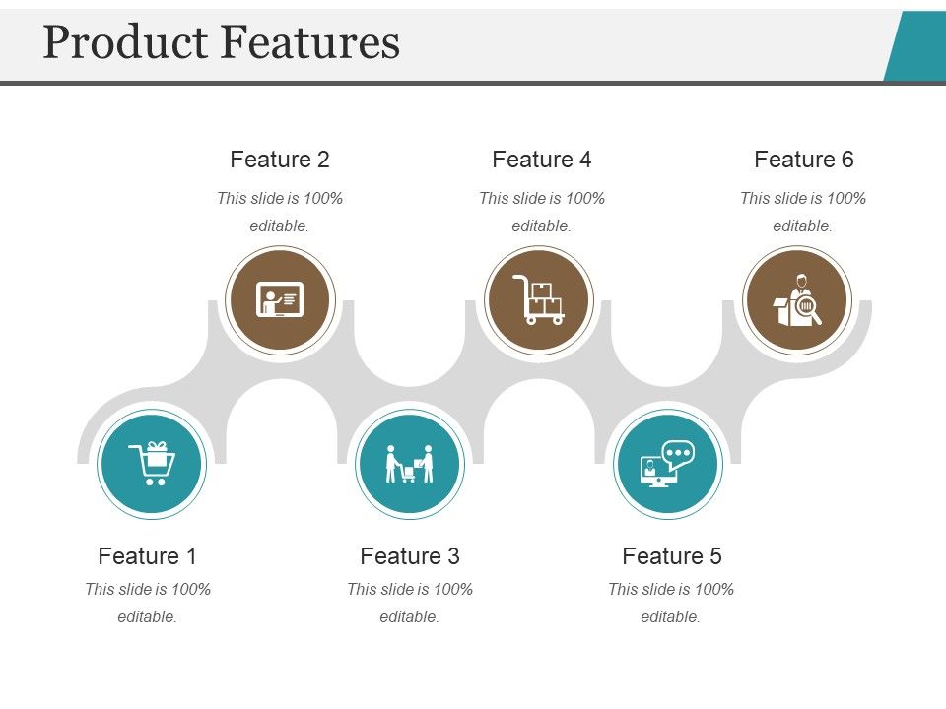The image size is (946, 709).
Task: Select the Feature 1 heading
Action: [x=148, y=556]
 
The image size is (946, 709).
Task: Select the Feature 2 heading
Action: [x=280, y=160]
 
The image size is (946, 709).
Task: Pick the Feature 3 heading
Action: [x=410, y=556]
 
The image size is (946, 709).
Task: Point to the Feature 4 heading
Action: [x=542, y=160]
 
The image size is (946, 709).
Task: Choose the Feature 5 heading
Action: [x=672, y=556]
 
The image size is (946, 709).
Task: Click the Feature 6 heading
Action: [x=804, y=160]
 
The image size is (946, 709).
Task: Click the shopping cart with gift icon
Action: [x=152, y=464]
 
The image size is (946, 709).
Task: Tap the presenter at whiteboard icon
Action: [x=280, y=299]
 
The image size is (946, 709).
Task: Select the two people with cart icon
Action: [x=409, y=464]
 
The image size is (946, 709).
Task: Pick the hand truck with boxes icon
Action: [x=538, y=299]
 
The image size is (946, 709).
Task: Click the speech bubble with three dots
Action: [x=678, y=454]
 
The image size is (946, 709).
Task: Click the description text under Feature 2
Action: [x=280, y=212]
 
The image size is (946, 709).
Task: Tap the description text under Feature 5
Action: [x=671, y=603]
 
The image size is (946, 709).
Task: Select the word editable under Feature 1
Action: [x=148, y=617]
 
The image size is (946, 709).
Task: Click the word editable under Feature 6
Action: [x=803, y=226]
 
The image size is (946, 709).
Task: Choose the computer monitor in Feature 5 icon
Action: [x=656, y=472]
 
